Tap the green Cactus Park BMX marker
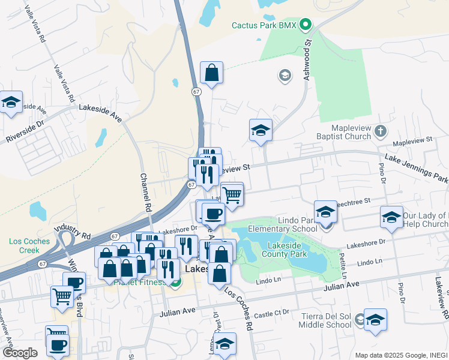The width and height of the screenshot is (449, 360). tap(306, 25)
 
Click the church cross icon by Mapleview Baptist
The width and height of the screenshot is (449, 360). tap(380, 130)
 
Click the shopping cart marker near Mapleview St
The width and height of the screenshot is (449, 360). tap(232, 193)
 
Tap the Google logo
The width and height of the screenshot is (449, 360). tap(20, 353)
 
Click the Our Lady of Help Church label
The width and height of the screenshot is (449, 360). tap(426, 220)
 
